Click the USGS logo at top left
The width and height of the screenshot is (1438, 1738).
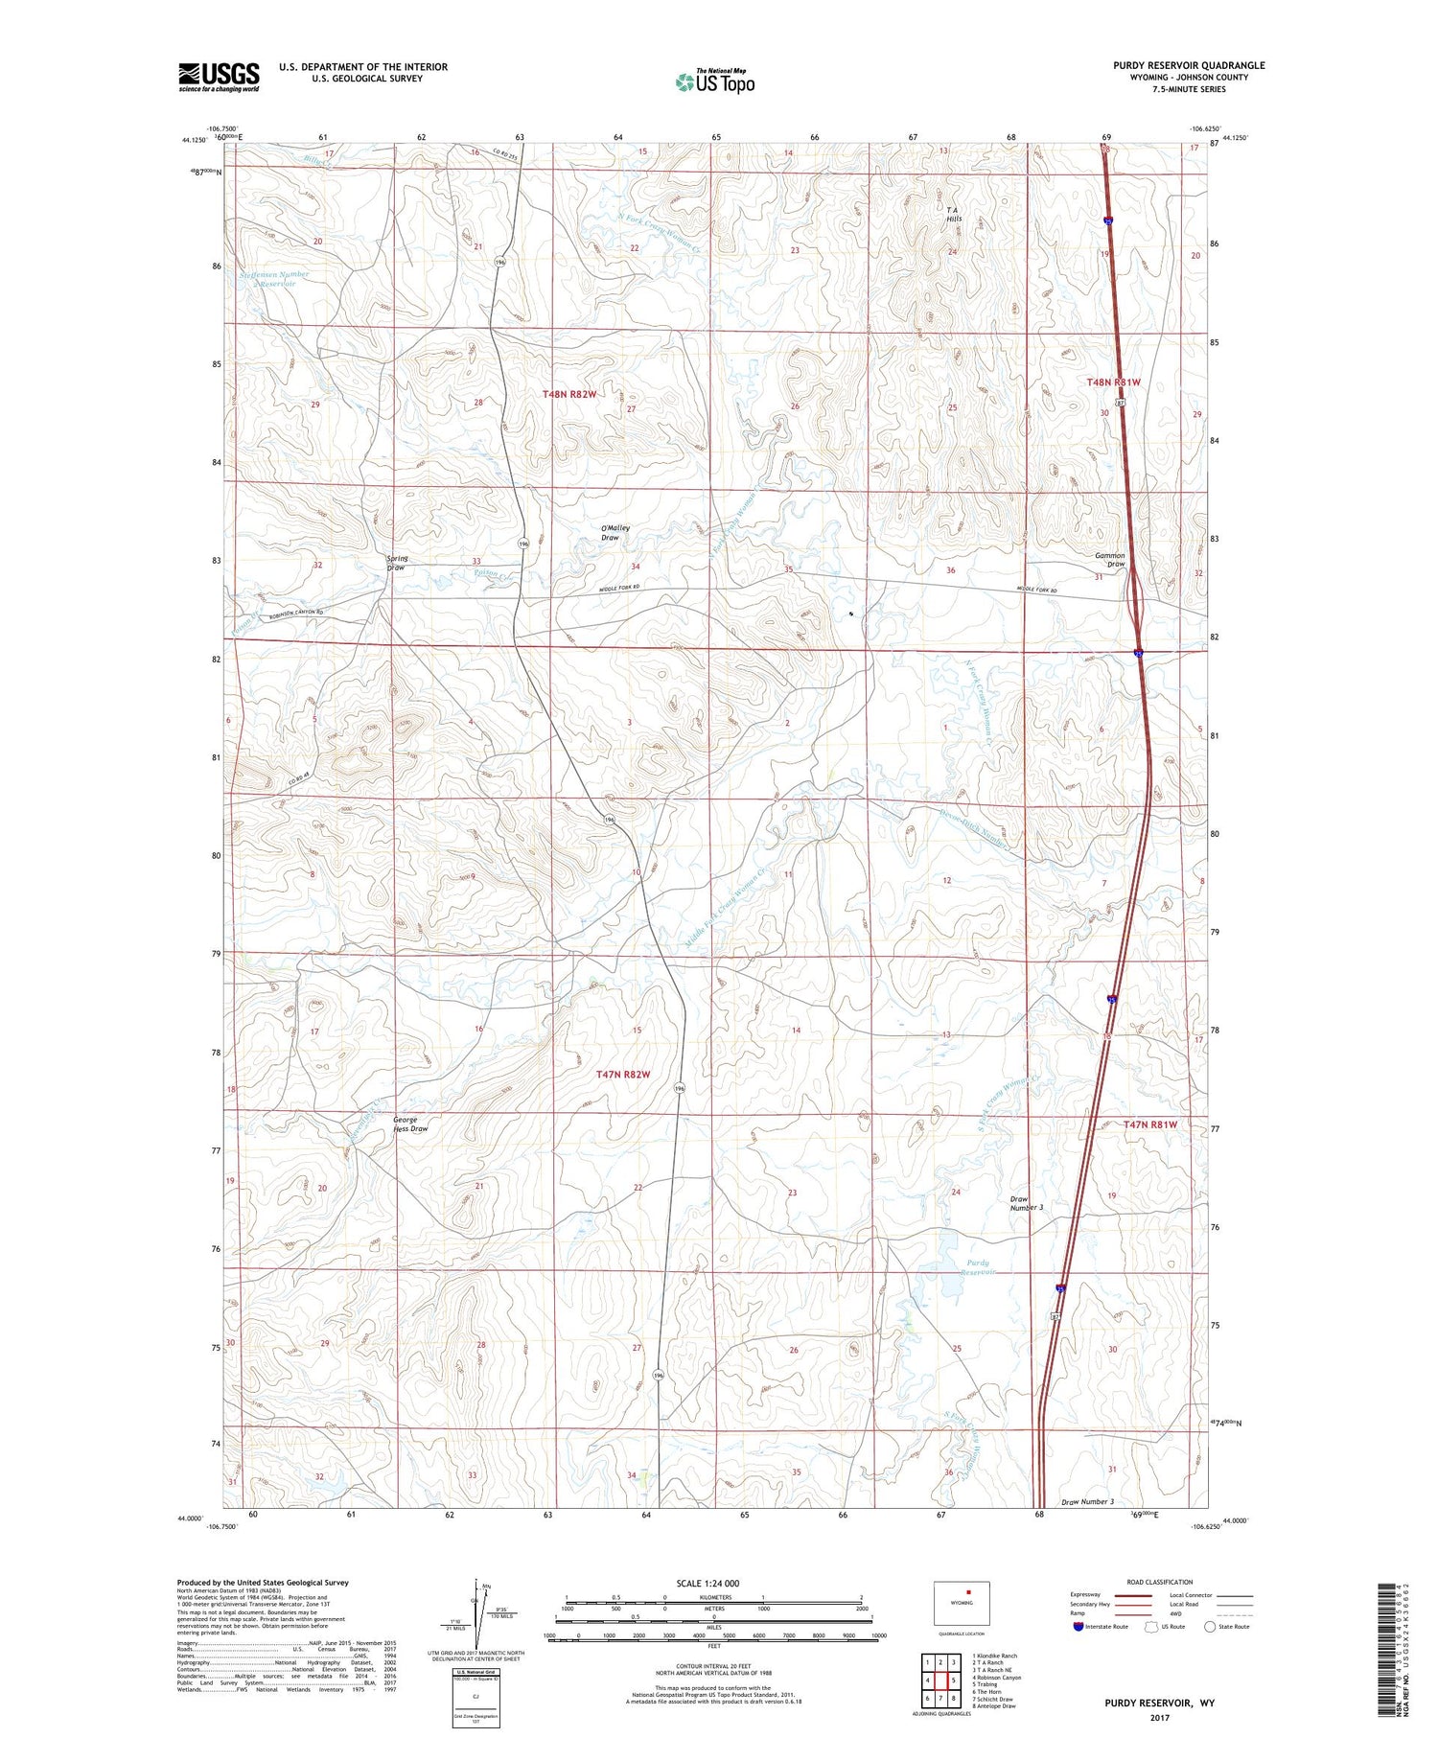point(219,77)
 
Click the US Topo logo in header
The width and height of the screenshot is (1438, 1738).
point(714,81)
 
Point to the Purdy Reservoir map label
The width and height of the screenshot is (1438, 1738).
point(979,1267)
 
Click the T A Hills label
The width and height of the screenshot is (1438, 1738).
point(953,214)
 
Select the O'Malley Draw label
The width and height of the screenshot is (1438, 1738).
point(610,533)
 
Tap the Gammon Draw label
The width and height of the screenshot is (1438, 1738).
point(1110,560)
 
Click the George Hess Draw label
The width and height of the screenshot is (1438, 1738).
point(410,1124)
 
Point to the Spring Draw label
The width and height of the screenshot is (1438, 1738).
point(396,563)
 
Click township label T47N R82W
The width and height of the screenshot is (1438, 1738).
point(623,1075)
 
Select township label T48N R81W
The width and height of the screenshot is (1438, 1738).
point(1113,382)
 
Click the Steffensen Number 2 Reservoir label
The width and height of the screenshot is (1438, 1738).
point(273,279)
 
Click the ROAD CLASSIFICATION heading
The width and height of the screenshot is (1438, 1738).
point(1160,1582)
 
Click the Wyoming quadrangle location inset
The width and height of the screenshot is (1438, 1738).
point(962,1602)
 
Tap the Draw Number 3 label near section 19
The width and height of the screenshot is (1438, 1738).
point(1026,1204)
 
